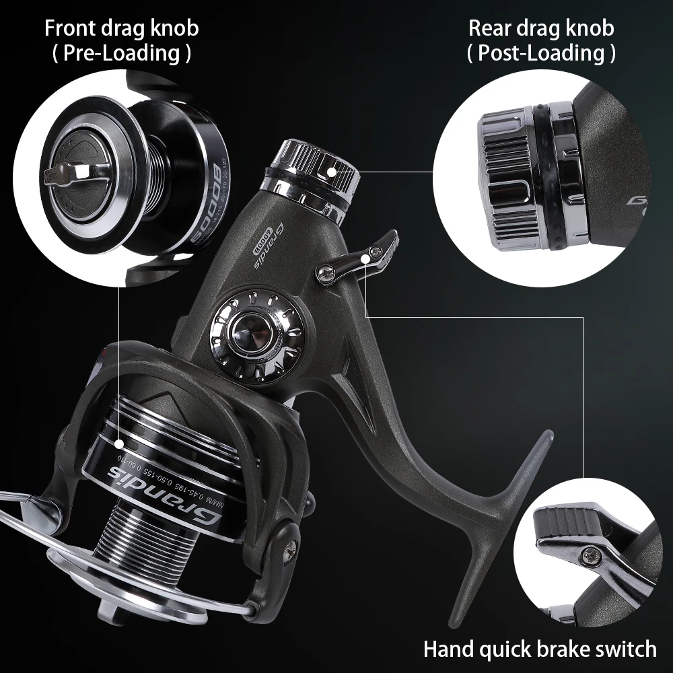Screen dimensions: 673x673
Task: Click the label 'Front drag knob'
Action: (x=121, y=29)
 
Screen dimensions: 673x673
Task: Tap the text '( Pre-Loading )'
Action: (x=121, y=53)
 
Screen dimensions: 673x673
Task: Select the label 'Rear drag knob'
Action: (x=541, y=29)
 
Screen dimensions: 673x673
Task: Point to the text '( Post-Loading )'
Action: (x=541, y=53)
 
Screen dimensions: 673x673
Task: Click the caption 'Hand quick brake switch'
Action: (x=540, y=649)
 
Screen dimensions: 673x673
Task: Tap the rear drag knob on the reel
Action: (x=311, y=168)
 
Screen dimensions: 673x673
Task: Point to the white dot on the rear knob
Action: (x=331, y=172)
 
